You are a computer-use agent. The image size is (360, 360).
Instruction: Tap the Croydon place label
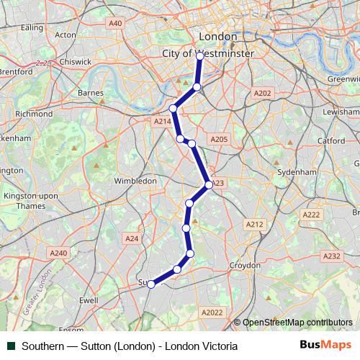[x=245, y=265]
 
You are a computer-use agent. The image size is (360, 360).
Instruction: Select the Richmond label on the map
[x=34, y=114]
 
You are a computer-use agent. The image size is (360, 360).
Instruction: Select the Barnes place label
[x=91, y=93]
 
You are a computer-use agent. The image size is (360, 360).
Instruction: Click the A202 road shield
[x=263, y=93]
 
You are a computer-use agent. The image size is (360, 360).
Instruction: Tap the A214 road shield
[x=163, y=122]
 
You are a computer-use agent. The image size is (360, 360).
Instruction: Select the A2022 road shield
[x=212, y=312]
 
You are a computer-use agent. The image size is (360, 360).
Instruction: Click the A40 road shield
[x=115, y=24]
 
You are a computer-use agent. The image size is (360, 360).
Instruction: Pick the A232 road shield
[x=331, y=256]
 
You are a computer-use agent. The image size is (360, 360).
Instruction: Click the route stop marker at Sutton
[x=151, y=284]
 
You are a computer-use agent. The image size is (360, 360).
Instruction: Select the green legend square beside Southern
[x=11, y=346]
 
